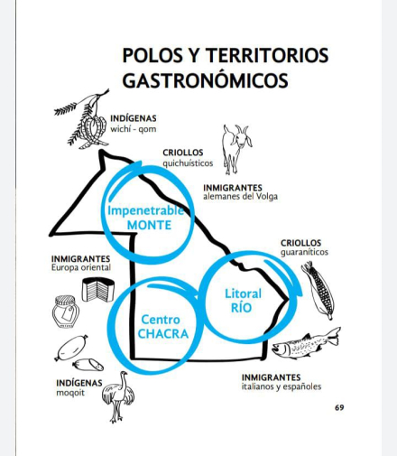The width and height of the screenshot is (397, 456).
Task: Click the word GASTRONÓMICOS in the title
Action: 206,80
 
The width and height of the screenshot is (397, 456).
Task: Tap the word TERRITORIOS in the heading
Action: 267,55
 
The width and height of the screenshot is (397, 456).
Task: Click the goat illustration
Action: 236,150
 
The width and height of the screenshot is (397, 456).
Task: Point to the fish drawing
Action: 306,343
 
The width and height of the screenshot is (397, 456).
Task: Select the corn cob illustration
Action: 319,290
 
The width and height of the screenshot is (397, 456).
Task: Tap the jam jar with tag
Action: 66,312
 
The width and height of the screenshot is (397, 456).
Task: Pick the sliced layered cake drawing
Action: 98,290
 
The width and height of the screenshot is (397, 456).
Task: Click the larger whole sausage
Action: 71,348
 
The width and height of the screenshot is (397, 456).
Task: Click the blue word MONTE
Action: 149,225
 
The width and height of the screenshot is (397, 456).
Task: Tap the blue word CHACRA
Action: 163,334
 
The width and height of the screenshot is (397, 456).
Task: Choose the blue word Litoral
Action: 244,293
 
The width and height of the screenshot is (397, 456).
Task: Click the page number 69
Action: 339,408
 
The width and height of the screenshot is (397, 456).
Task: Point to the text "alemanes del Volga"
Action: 240,197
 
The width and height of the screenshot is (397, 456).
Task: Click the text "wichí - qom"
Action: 134,129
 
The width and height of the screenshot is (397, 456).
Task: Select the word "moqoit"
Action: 70,393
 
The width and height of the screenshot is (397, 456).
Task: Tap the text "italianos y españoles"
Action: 282,386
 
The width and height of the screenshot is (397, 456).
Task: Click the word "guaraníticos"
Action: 304,252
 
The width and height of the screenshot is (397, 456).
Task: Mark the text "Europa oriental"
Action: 81,267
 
